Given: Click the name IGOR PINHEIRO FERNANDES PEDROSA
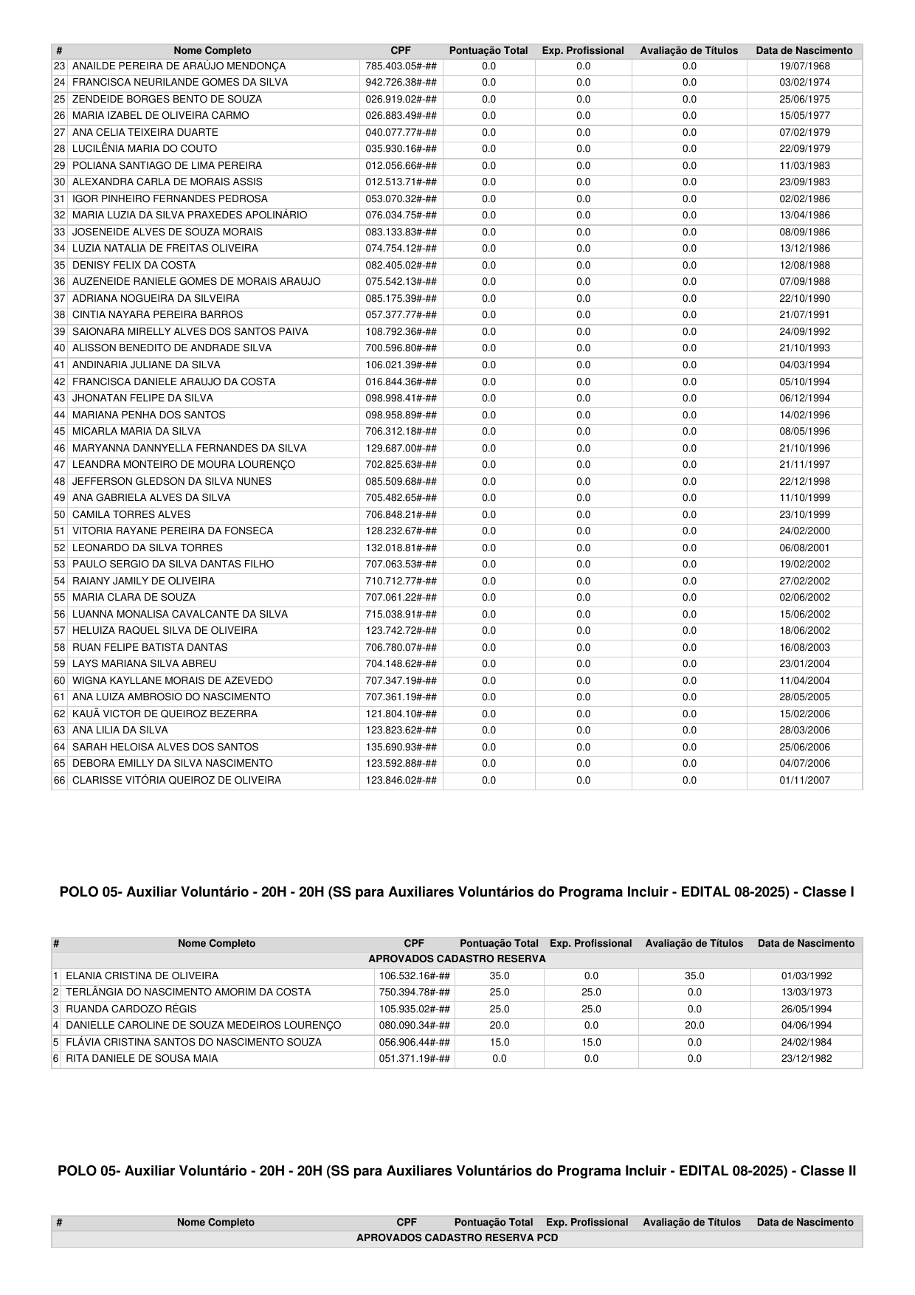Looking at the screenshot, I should tap(170, 198).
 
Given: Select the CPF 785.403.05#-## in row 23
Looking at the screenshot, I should tap(401, 66).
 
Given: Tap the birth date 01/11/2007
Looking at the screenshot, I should tap(804, 780).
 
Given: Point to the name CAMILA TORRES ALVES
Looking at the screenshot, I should tap(131, 514).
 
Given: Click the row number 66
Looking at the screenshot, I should tap(60, 780).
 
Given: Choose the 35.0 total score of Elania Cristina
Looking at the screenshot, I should tap(500, 975).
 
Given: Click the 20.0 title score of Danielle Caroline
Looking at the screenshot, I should tap(694, 1025).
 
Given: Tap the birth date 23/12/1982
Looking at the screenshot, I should tap(807, 1058).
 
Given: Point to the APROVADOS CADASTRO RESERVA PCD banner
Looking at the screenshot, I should tap(457, 1237).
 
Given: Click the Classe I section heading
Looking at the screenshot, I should tap(457, 892).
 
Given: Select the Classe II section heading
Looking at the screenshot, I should tap(457, 1171).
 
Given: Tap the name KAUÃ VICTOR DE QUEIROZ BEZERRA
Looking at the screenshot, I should tap(165, 714).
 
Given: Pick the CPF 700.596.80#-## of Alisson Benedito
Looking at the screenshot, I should tap(401, 348).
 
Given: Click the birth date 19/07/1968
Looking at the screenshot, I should tap(804, 66).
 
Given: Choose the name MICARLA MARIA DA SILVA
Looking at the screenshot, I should tap(137, 431).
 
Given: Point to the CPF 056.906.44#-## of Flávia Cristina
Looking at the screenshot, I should tap(415, 1042).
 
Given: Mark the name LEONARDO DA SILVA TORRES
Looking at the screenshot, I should tap(148, 548).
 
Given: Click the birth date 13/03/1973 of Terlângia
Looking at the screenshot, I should tap(807, 992).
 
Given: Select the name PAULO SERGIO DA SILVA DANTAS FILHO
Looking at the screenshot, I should tap(173, 564).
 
